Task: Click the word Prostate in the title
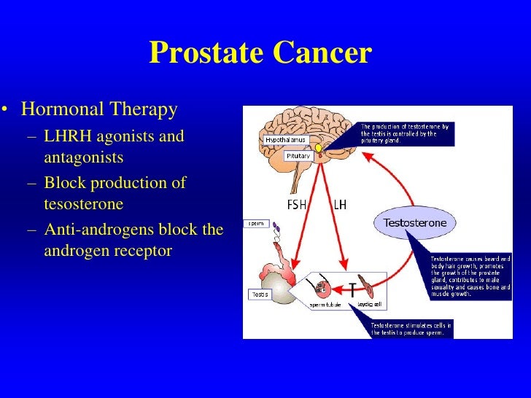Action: click(x=206, y=53)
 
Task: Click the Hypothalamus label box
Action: click(x=285, y=139)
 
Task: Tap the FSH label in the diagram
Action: click(x=297, y=204)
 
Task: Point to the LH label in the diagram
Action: click(x=340, y=204)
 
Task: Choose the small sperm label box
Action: click(x=256, y=223)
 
